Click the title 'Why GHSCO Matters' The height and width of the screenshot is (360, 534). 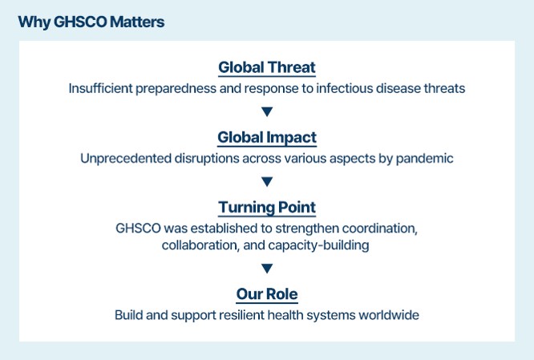click(91, 22)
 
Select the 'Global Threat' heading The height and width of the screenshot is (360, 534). click(267, 67)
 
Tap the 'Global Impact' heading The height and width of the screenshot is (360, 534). click(267, 138)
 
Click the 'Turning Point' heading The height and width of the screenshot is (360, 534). click(267, 208)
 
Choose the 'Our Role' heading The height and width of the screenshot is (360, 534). click(267, 294)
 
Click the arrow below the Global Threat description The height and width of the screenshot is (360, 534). click(267, 111)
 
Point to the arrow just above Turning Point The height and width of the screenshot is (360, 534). click(267, 181)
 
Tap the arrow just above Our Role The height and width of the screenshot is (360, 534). click(267, 269)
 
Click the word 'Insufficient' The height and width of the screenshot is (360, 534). click(100, 88)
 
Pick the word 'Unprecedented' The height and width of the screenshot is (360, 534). click(126, 159)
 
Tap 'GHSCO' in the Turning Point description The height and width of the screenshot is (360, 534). click(138, 229)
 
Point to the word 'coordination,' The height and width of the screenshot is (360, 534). click(380, 229)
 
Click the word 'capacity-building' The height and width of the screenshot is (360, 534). click(318, 245)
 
